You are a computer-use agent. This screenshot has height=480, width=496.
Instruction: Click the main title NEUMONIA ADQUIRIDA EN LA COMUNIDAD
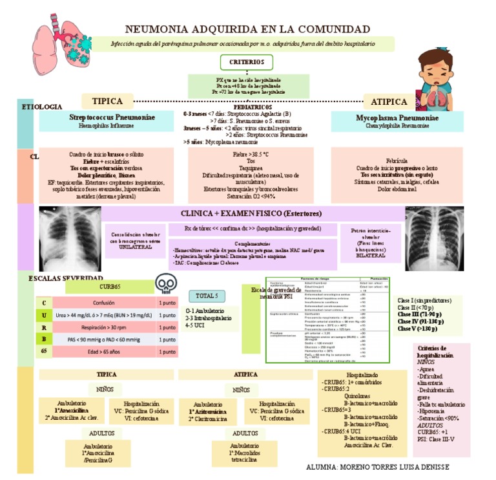click(x=247, y=30)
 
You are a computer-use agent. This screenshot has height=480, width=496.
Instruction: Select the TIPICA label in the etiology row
click(x=107, y=102)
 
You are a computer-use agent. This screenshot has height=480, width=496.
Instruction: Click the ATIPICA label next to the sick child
click(x=389, y=102)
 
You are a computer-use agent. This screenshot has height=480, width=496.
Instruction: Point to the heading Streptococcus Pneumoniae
click(x=112, y=118)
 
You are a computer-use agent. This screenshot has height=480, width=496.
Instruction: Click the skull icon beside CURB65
click(x=166, y=285)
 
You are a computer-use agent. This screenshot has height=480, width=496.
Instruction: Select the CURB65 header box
click(x=109, y=287)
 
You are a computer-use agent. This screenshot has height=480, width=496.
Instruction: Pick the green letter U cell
click(x=44, y=315)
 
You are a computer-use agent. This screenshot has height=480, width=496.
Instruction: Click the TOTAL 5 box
click(x=207, y=296)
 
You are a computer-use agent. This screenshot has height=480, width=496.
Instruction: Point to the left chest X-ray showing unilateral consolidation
click(x=65, y=237)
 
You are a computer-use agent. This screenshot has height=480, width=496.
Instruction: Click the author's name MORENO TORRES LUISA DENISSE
click(x=377, y=466)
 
